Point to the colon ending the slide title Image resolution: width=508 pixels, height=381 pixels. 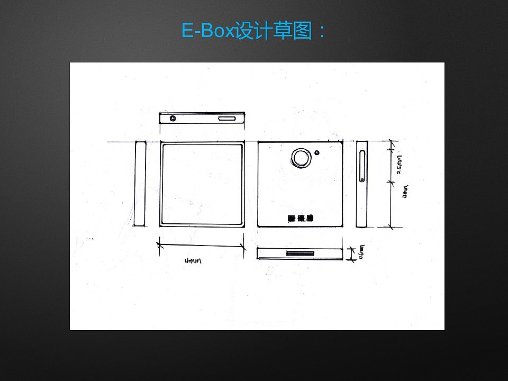point(321,32)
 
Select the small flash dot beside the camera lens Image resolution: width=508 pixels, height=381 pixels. point(316,153)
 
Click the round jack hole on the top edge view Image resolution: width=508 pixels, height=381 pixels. point(173,119)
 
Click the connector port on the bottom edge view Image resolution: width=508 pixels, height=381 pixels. point(300,253)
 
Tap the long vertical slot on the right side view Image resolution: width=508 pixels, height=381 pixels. point(361,165)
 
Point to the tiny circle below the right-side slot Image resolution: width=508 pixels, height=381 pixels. point(362,181)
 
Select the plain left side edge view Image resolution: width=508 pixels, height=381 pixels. point(140,183)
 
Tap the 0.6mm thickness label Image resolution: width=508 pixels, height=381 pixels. point(362,253)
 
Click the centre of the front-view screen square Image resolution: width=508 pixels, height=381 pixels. point(202,184)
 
